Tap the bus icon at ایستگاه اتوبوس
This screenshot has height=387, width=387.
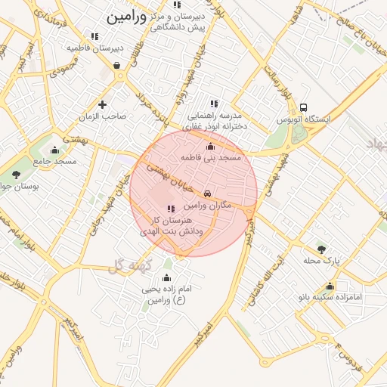(x=303, y=107)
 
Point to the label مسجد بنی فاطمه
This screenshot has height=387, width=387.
(x=210, y=158)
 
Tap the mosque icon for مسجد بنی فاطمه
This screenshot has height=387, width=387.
(x=210, y=146)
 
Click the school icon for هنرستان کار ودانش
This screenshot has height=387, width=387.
(x=170, y=208)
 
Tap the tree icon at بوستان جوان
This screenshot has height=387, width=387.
(x=17, y=175)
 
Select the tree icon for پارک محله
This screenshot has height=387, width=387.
(x=321, y=249)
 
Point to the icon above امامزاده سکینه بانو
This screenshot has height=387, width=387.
(x=330, y=286)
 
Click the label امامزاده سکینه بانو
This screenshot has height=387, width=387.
(x=331, y=298)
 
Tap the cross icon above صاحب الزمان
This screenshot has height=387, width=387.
(x=103, y=104)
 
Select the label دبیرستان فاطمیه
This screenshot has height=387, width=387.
(x=94, y=48)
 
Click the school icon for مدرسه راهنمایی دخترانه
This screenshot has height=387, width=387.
(x=214, y=104)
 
